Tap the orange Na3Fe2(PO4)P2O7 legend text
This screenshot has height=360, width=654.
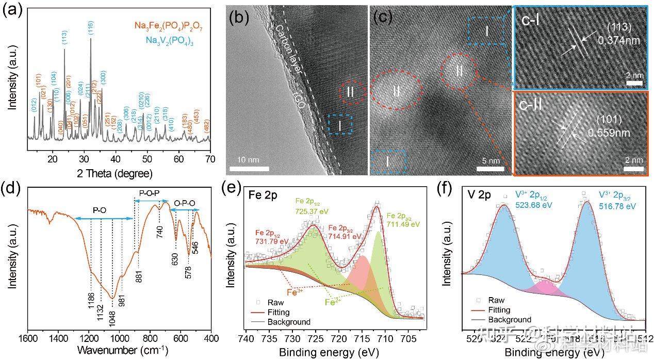click(x=175, y=24)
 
